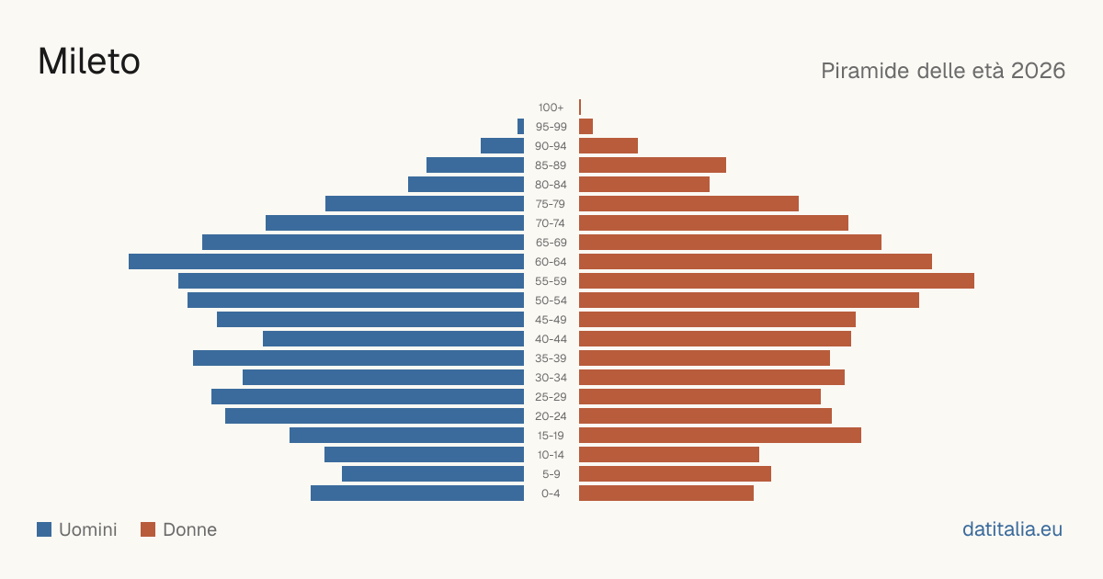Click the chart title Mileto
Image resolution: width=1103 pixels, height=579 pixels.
[x=89, y=62]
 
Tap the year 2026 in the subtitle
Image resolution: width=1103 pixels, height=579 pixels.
[x=1038, y=71]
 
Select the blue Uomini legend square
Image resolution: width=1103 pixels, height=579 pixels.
[x=44, y=529]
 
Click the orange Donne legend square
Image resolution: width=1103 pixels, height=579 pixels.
[x=148, y=529]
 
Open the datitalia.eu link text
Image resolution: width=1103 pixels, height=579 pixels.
[x=1012, y=529]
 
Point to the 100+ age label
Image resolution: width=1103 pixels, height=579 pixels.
[x=551, y=108]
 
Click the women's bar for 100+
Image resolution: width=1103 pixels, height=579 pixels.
[x=580, y=107]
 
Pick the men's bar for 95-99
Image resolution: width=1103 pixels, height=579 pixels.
[x=520, y=127]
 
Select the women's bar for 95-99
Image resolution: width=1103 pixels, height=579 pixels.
[x=586, y=127]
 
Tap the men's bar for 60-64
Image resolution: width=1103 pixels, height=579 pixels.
[x=326, y=261]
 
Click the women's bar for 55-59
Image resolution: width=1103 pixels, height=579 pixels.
[x=777, y=280]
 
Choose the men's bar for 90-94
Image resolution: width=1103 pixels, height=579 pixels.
[x=502, y=146]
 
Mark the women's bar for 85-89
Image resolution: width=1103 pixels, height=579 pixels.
[x=653, y=165]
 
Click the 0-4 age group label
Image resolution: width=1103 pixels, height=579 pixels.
[x=551, y=494]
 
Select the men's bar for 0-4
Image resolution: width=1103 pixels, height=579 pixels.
[x=417, y=494]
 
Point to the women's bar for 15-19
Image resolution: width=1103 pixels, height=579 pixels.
[x=720, y=436]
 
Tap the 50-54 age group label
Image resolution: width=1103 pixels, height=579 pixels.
[x=551, y=301]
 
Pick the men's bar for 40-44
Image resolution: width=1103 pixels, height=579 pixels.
[x=393, y=339]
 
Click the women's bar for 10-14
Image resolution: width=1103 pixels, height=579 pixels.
[x=669, y=454]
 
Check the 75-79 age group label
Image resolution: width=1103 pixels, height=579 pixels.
[x=551, y=204]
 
